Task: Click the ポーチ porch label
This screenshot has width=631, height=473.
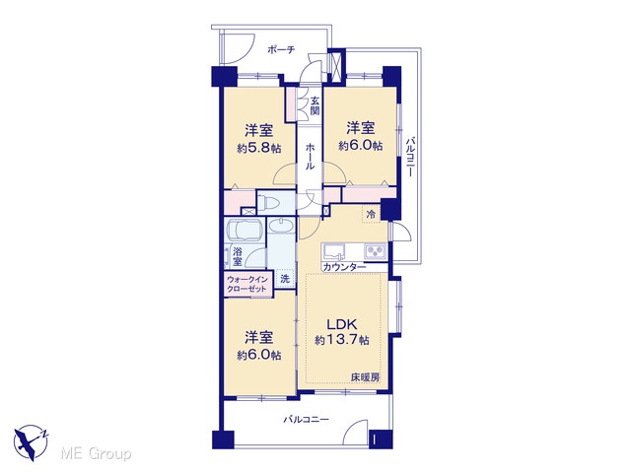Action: pos(281,50)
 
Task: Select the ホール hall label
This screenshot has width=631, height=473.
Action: pos(310,156)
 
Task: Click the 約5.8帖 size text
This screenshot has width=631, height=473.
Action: pos(258,149)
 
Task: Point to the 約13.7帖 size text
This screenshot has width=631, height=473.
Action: pos(342,340)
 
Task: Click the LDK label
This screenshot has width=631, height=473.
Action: pos(342,324)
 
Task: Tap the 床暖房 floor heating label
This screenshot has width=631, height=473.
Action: pos(365,377)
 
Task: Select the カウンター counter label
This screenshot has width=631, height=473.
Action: pos(344,267)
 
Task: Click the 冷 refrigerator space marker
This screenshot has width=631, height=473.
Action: pos(371,214)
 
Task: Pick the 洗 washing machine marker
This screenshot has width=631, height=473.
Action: pos(285,278)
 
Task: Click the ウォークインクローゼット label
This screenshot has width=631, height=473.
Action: pos(246,285)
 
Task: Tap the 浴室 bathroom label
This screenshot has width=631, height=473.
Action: pos(238,257)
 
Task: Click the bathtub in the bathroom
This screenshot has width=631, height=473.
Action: pos(245,231)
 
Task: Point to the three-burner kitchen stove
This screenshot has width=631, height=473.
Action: pos(375,252)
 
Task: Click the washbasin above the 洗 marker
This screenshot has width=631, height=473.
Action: pos(281,226)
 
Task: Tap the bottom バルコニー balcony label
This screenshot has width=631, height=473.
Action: pos(307,420)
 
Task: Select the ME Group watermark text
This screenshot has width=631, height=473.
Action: pos(96,453)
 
